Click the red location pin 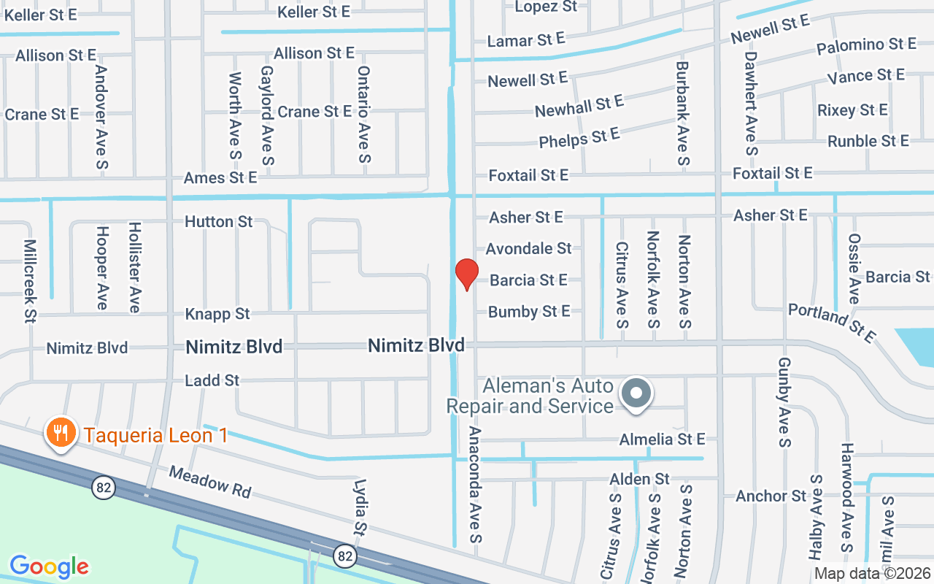pyautogui.click(x=466, y=274)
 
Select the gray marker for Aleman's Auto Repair pyautogui.click(x=636, y=393)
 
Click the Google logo pyautogui.click(x=49, y=566)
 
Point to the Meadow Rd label pyautogui.click(x=210, y=483)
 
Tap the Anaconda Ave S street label pyautogui.click(x=476, y=484)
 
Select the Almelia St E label pyautogui.click(x=662, y=439)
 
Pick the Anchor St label pyautogui.click(x=771, y=496)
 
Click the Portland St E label pyautogui.click(x=831, y=323)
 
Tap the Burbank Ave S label pyautogui.click(x=682, y=113)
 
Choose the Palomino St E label pyautogui.click(x=866, y=45)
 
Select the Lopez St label pyautogui.click(x=546, y=7)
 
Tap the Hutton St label pyautogui.click(x=218, y=221)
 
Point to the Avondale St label pyautogui.click(x=528, y=249)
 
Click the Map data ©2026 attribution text pyautogui.click(x=872, y=574)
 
